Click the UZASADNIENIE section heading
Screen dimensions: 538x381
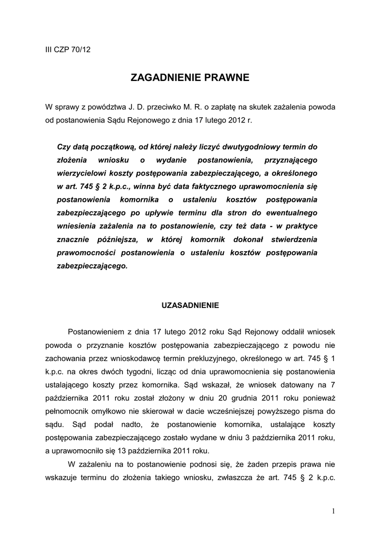pos(189,305)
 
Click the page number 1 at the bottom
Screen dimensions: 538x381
pos(333,511)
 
